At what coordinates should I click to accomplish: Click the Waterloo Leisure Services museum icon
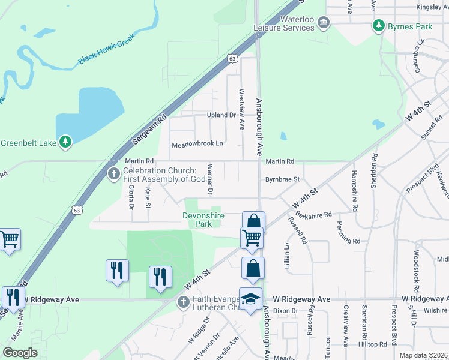pyautogui.click(x=324, y=23)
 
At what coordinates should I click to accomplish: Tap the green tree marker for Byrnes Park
pyautogui.click(x=378, y=26)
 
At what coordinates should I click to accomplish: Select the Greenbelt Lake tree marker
pyautogui.click(x=65, y=142)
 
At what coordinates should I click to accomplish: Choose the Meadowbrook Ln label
pyautogui.click(x=197, y=145)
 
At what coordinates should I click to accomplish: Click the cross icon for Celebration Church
pyautogui.click(x=113, y=174)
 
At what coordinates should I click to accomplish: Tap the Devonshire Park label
pyautogui.click(x=203, y=219)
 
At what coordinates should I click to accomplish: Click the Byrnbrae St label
pyautogui.click(x=282, y=179)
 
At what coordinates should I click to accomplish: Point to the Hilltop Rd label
pyautogui.click(x=374, y=344)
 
